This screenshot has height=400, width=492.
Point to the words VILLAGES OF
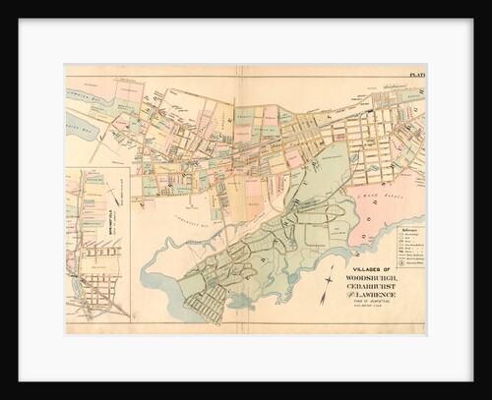(368, 268)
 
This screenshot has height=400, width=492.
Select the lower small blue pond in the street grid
(373, 170)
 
